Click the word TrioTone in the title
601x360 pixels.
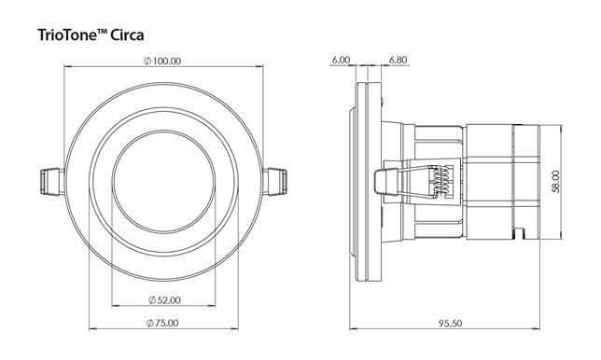[67, 35]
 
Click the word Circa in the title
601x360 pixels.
[127, 35]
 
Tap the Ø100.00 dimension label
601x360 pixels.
[162, 61]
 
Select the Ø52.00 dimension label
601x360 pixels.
[164, 300]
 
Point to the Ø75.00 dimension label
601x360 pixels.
[162, 323]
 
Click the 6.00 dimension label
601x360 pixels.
[341, 60]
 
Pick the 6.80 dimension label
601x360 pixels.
[398, 60]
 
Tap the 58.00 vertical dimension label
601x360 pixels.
[556, 182]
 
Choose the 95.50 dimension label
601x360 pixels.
[451, 324]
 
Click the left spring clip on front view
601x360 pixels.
[52, 182]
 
